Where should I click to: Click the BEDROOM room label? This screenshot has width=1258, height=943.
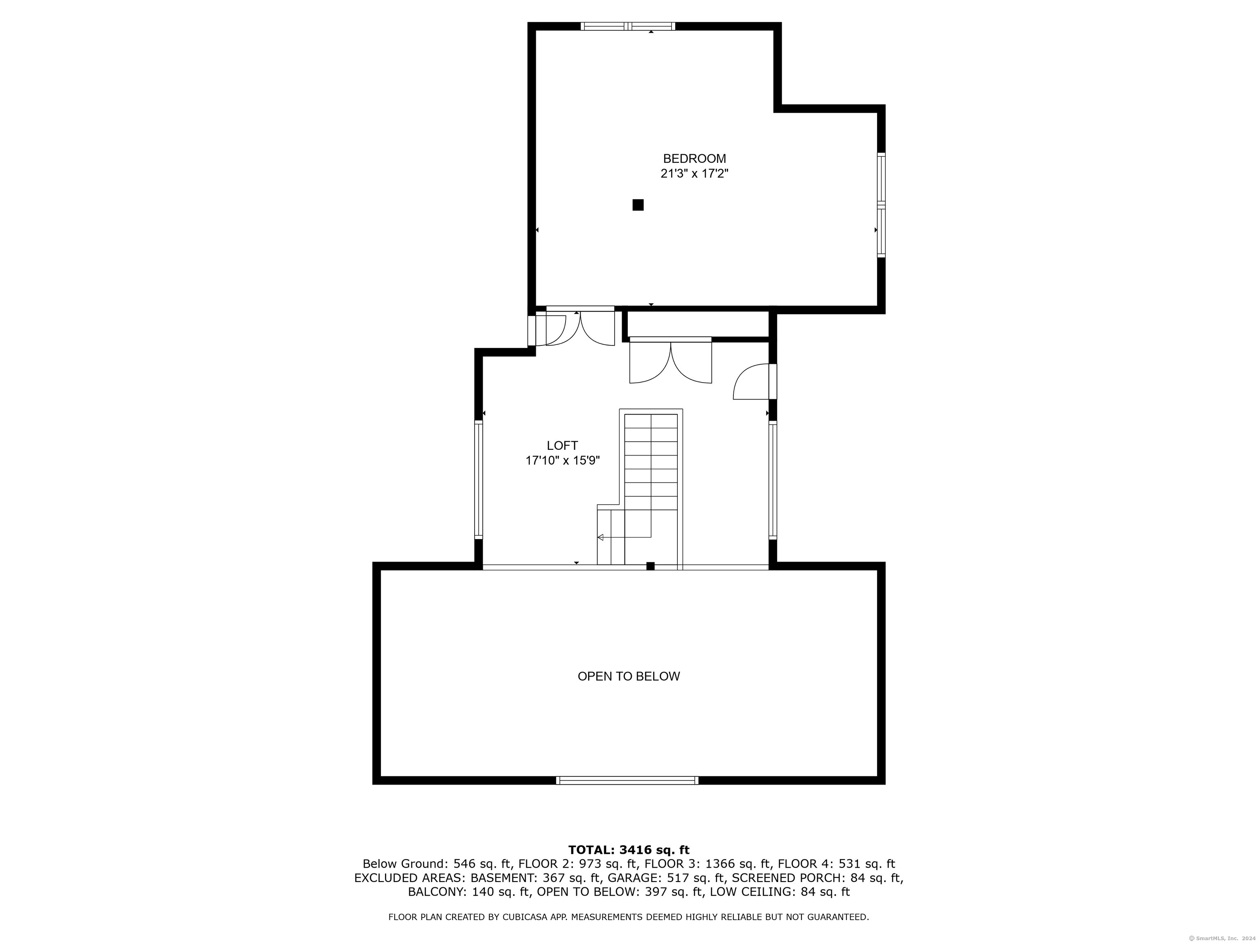click(695, 158)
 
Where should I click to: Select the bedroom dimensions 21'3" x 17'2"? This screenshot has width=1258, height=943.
click(695, 174)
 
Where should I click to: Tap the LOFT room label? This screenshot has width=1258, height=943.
click(563, 446)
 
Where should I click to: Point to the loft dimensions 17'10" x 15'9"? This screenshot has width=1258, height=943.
click(563, 460)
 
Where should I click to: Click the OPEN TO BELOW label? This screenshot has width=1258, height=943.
click(629, 677)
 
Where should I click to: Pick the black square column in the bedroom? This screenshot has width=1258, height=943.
click(638, 205)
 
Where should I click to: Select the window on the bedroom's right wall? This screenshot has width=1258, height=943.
click(881, 205)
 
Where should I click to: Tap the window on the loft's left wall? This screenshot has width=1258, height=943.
click(479, 479)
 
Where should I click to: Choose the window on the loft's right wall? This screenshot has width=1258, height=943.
click(773, 479)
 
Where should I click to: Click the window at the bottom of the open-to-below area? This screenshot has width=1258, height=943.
click(627, 781)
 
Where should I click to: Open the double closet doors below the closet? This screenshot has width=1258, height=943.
click(670, 360)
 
